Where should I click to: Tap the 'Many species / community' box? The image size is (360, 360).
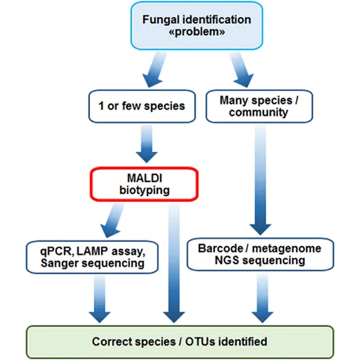(250, 106)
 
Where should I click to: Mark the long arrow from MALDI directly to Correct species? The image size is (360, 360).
(175, 262)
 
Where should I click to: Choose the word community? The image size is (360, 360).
(250, 113)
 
